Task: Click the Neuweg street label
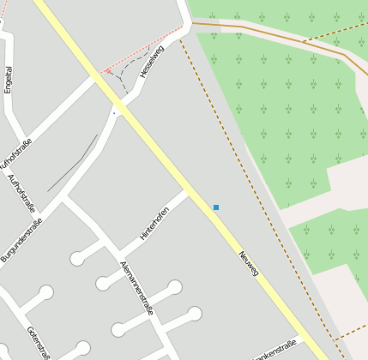click(x=249, y=262)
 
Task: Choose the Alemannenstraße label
click(x=136, y=287)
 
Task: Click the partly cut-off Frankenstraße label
click(x=274, y=349)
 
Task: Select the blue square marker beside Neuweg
click(x=216, y=207)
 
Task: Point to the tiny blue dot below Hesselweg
click(x=113, y=112)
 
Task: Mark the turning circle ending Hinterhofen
click(x=78, y=257)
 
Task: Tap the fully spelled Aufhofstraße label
click(x=21, y=193)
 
